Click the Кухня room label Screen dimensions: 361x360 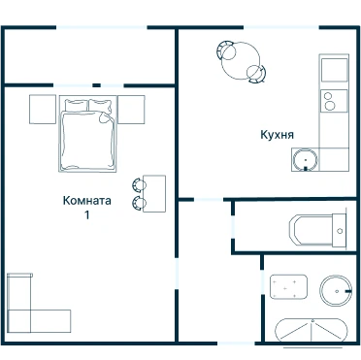click(278, 135)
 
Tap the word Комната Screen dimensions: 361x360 click(87, 201)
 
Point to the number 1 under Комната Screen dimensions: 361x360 click(87, 215)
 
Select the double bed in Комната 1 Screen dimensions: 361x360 click(87, 134)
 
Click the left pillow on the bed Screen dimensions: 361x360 click(77, 105)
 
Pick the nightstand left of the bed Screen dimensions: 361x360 click(43, 110)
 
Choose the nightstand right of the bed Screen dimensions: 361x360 click(131, 110)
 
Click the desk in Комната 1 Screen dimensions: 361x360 click(154, 194)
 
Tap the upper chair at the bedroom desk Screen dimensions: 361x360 click(139, 184)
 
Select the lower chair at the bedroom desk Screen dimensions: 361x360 click(139, 203)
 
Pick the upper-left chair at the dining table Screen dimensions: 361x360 click(226, 50)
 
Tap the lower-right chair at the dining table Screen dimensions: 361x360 click(256, 74)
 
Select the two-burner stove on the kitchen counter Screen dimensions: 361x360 click(334, 101)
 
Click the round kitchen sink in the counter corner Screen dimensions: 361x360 click(306, 160)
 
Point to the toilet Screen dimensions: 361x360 click(317, 231)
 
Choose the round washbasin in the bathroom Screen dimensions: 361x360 click(336, 291)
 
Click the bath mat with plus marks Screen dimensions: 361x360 click(288, 287)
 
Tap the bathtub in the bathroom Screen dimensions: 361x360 click(312, 331)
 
